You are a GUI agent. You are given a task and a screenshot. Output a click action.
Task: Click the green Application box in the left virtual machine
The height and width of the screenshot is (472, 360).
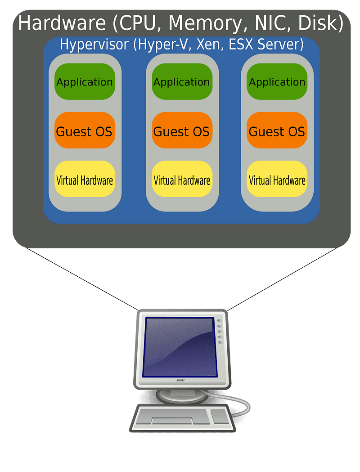pos(85,82)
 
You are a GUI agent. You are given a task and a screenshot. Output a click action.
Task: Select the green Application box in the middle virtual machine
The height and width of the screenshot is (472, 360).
pos(182,82)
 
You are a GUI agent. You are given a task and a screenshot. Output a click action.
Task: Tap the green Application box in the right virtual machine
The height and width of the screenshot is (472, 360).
pos(277,82)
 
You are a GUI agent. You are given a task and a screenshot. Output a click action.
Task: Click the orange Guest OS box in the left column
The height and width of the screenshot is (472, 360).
pos(85,131)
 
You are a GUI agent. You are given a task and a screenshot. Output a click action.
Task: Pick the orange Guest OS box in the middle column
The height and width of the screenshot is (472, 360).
pos(182,131)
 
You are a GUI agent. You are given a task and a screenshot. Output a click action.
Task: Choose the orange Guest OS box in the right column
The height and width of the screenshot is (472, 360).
pos(277,131)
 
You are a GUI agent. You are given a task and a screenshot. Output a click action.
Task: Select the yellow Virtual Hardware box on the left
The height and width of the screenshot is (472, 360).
pos(85,180)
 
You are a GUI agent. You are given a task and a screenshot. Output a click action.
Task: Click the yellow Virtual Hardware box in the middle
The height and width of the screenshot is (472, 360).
pos(182,180)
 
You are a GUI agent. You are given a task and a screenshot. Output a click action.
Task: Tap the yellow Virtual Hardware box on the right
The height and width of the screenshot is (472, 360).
pos(277,180)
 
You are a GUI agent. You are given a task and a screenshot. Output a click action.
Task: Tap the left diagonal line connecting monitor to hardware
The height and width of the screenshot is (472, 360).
pos(81,279)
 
